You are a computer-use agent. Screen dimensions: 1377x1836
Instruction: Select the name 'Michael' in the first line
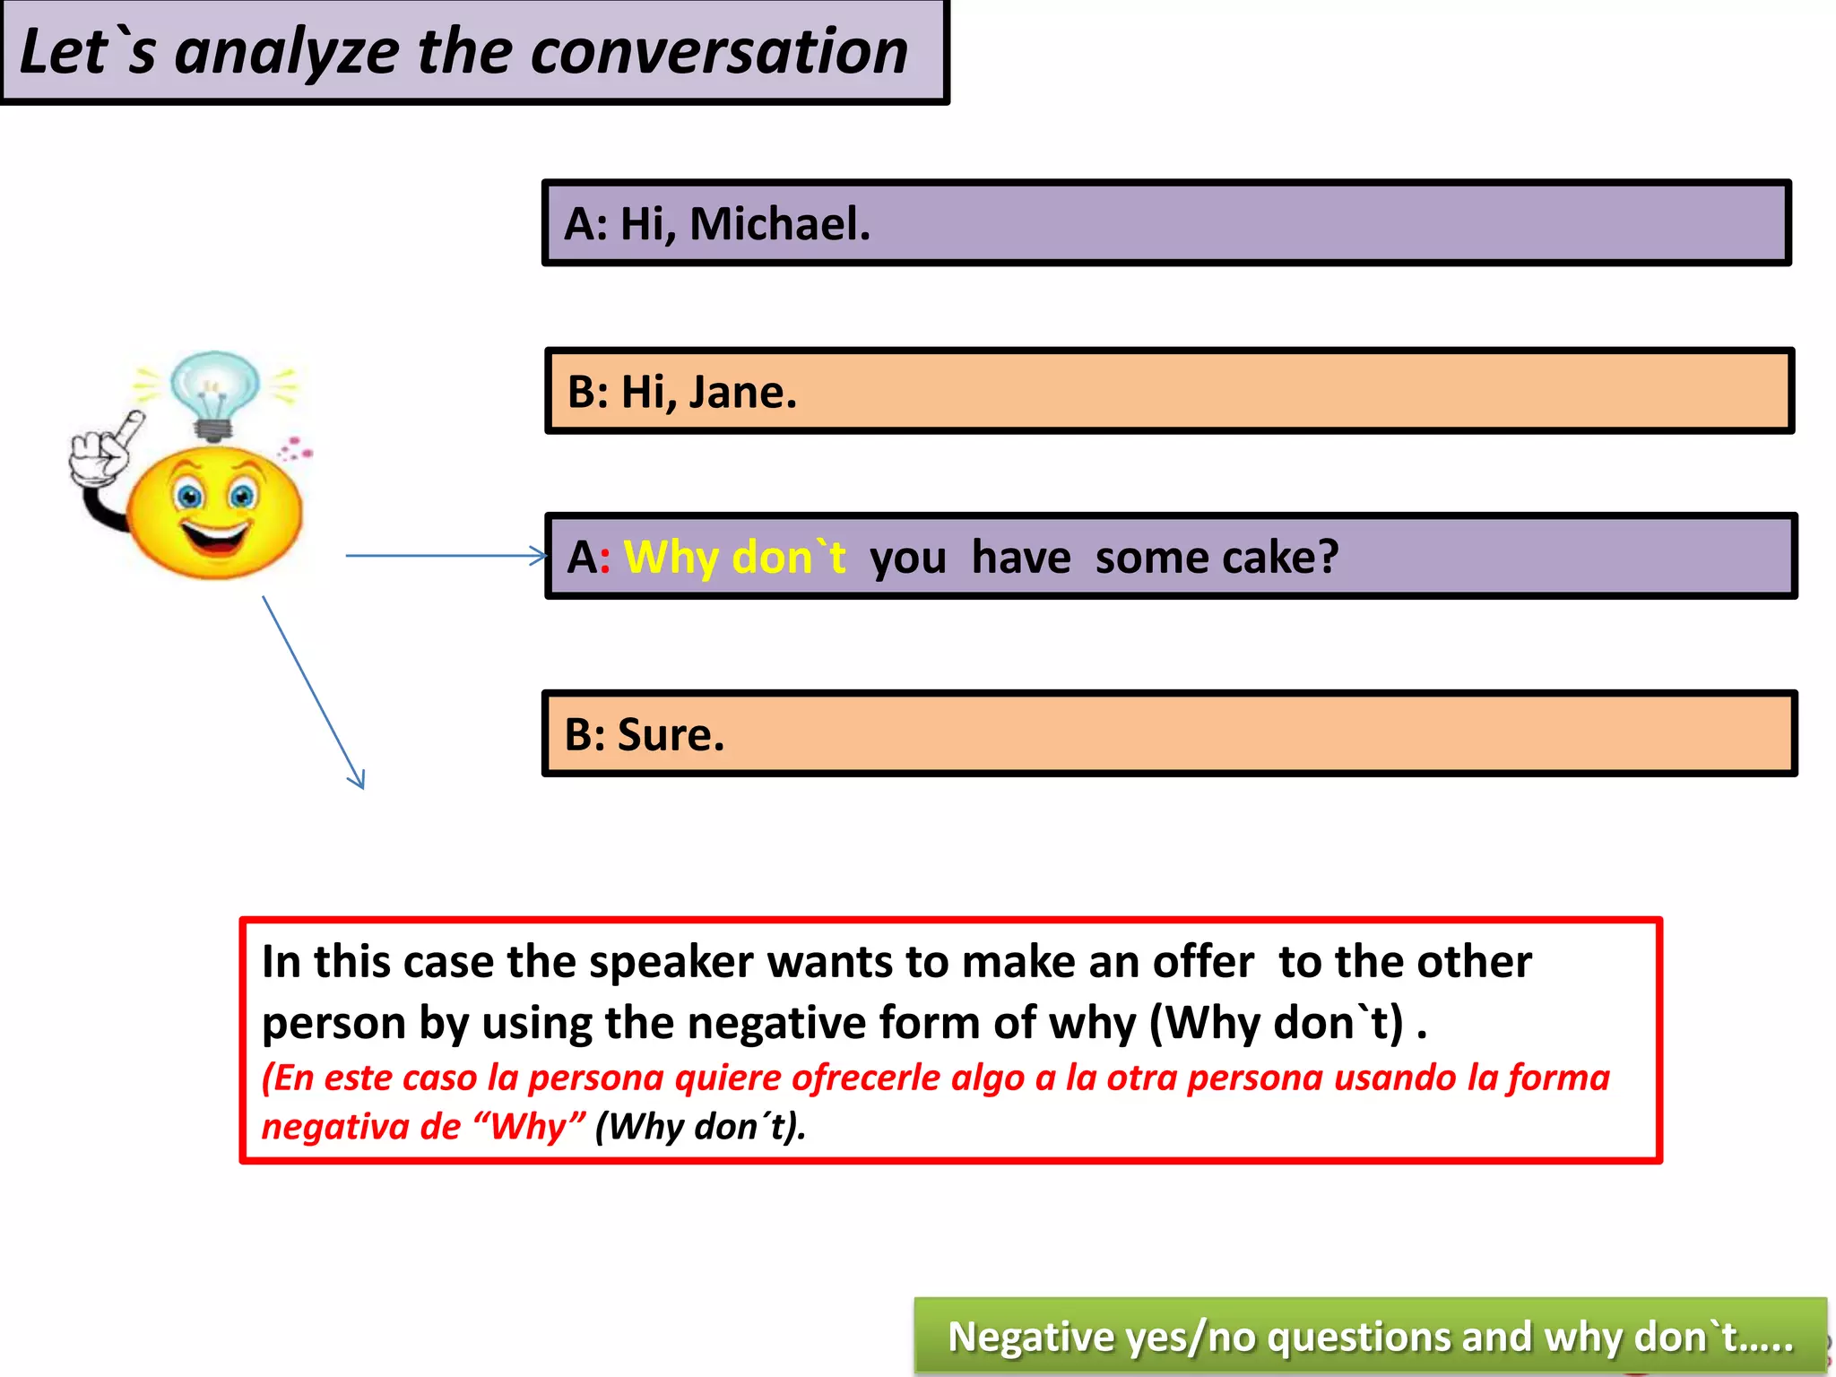(778, 223)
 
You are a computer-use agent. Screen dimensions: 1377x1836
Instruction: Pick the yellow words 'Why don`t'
(734, 557)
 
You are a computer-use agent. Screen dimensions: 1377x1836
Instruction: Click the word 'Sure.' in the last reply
(670, 734)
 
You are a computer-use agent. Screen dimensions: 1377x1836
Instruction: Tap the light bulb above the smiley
(214, 391)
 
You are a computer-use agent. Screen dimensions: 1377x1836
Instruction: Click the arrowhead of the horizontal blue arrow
(539, 556)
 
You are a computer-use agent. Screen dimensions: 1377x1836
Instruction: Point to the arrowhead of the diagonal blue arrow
(357, 779)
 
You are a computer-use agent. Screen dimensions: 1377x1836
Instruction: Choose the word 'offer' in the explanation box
(1203, 962)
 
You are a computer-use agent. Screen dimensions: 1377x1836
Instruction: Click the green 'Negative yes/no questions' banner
(1370, 1336)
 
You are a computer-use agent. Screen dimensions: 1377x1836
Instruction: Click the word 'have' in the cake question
(1021, 557)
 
